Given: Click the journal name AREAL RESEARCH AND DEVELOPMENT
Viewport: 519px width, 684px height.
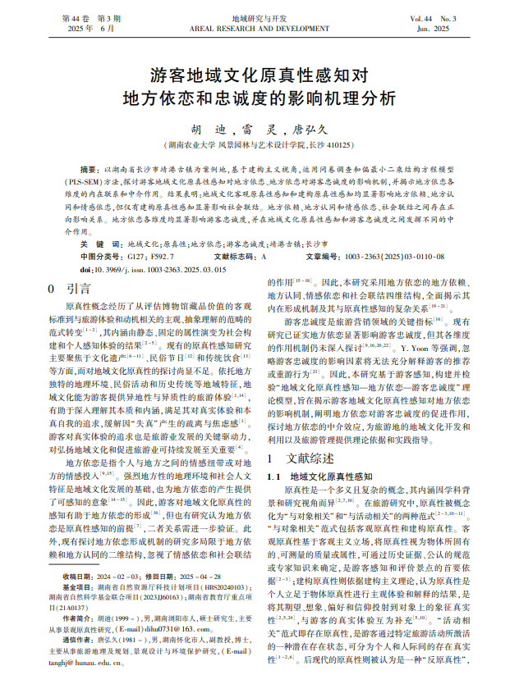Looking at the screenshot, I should coord(259,28).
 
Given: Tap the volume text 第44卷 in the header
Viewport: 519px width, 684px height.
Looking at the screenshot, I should coord(77,17).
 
